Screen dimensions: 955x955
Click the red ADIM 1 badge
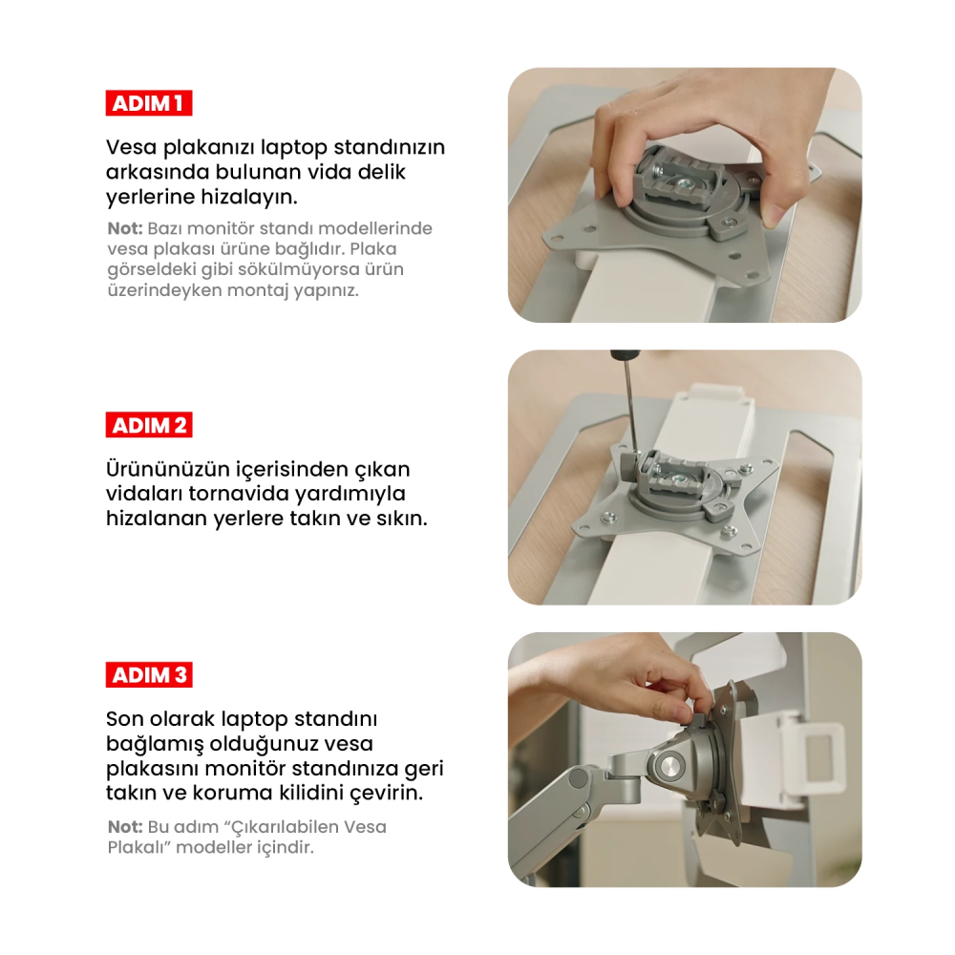(149, 103)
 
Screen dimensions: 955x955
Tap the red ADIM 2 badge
(149, 425)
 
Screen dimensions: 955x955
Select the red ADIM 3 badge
(149, 675)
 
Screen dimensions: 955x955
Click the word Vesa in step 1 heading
(132, 147)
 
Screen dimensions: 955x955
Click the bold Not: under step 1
(125, 228)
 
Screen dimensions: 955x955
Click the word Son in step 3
(124, 719)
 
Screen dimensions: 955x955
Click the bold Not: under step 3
(125, 827)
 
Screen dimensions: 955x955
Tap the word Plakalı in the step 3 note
(138, 847)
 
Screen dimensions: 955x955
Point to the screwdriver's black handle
(625, 354)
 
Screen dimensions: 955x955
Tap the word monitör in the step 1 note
(222, 228)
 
